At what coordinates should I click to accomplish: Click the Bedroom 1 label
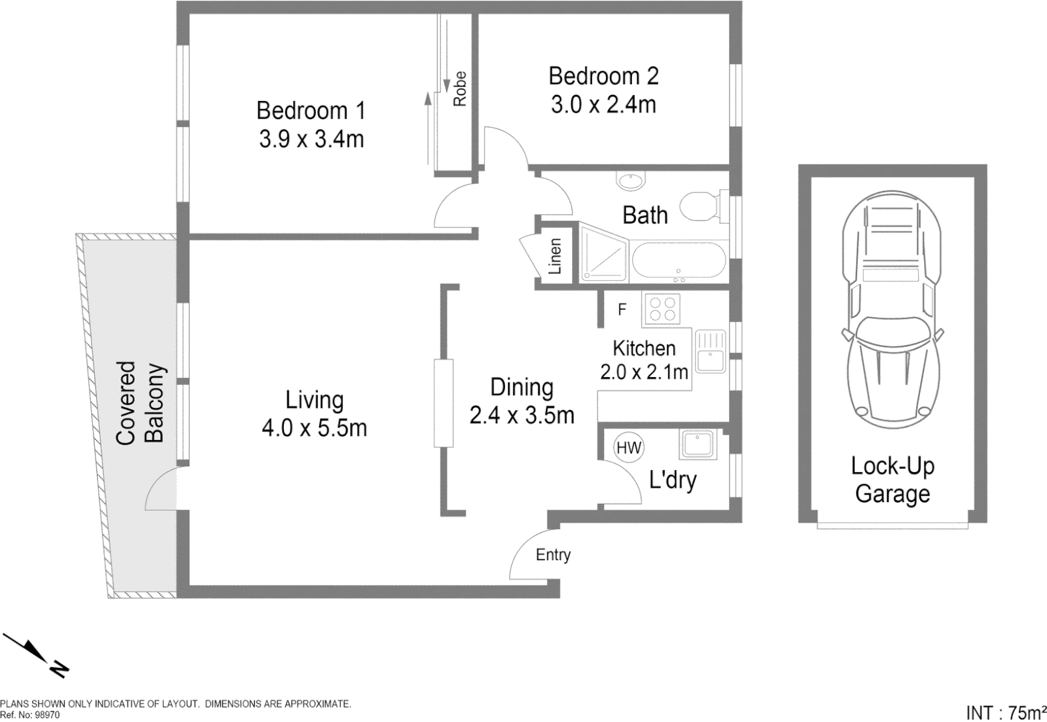(311, 110)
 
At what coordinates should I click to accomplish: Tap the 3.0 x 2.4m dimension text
(603, 105)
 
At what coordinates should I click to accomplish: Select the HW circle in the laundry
(628, 448)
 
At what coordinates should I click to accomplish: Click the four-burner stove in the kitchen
(662, 310)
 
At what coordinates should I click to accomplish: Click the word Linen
(555, 257)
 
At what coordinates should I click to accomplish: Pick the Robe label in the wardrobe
(459, 89)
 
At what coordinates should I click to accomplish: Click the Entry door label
(553, 555)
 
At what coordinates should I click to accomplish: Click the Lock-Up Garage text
(892, 480)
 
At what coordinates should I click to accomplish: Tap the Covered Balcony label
(140, 402)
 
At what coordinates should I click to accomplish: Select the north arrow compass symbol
(37, 655)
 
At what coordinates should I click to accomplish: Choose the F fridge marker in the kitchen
(622, 310)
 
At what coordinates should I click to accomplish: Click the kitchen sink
(710, 351)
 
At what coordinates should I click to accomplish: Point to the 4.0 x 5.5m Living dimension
(314, 428)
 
